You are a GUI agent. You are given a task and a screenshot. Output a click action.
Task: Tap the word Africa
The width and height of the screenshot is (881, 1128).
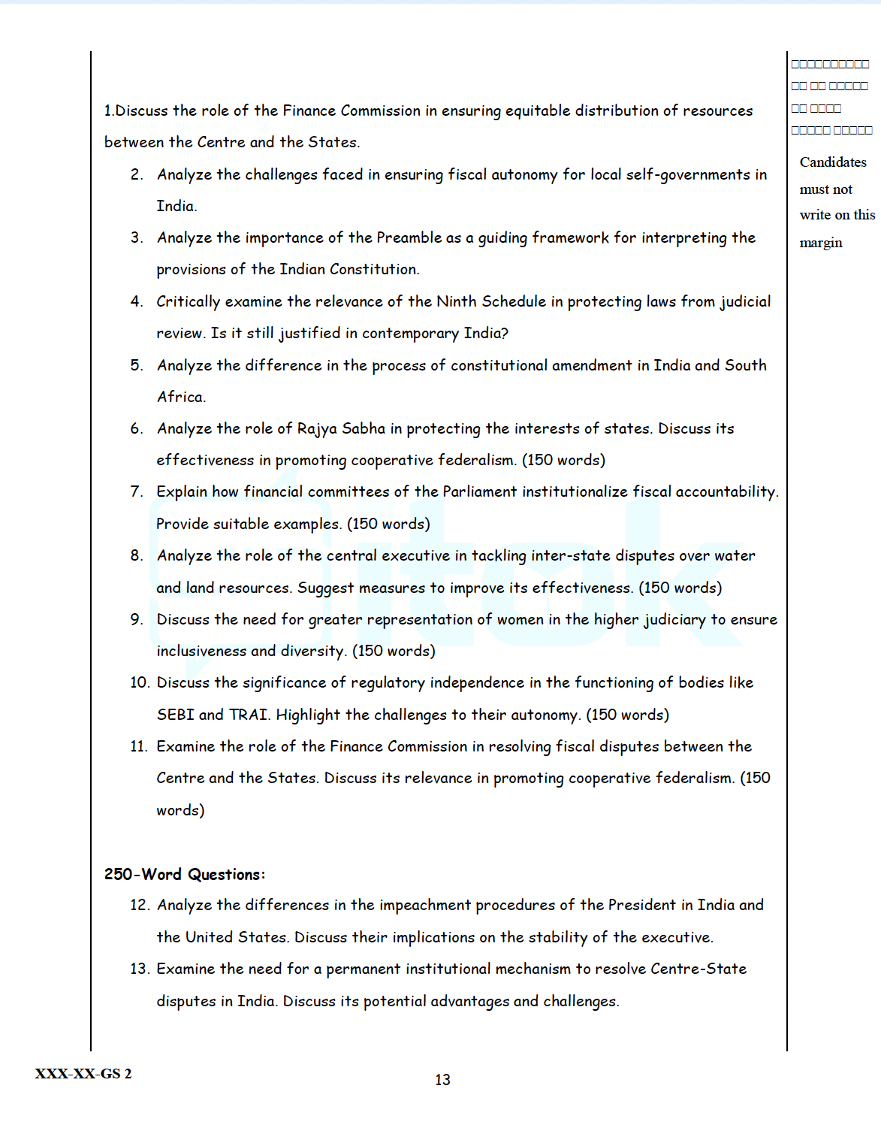click(x=180, y=397)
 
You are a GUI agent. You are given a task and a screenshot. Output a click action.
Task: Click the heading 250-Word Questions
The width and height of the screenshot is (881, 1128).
click(x=184, y=875)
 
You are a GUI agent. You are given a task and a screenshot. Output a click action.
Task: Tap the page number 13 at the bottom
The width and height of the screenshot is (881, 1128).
click(x=442, y=1080)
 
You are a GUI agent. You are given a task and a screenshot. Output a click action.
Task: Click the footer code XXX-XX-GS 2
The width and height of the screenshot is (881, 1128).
click(x=83, y=1074)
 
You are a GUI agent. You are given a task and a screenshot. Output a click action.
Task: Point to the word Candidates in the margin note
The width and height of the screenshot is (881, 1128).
click(x=833, y=162)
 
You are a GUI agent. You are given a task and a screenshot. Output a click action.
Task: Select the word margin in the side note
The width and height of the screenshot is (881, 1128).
click(x=821, y=243)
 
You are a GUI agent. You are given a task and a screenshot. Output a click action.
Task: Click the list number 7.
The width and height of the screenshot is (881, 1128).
click(x=136, y=491)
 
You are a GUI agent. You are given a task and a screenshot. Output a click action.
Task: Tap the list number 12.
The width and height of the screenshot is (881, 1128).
click(x=140, y=906)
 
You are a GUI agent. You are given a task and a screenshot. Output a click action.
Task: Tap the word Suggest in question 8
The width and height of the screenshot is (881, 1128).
click(x=325, y=588)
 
